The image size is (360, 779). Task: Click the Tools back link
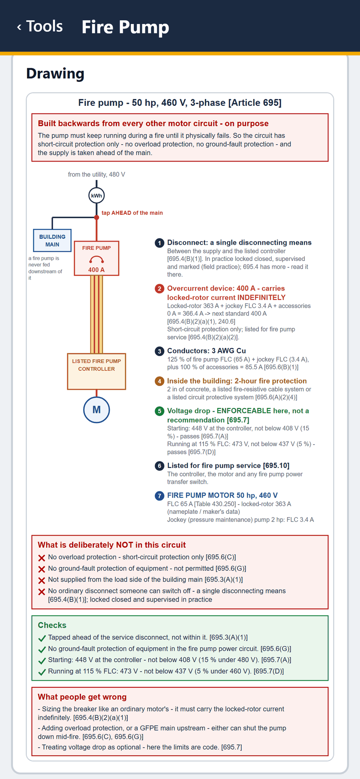pyautogui.click(x=40, y=27)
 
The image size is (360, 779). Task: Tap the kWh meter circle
pyautogui.click(x=96, y=196)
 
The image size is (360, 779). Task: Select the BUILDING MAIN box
pyautogui.click(x=52, y=240)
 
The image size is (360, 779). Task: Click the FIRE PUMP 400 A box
pyautogui.click(x=96, y=258)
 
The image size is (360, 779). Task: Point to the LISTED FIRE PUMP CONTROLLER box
pyautogui.click(x=96, y=371)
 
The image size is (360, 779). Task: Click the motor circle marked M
pyautogui.click(x=96, y=410)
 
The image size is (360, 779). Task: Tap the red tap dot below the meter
pyautogui.click(x=96, y=217)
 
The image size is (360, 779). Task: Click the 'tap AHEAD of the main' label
pyautogui.click(x=132, y=213)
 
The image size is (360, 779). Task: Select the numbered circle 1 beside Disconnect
pyautogui.click(x=159, y=243)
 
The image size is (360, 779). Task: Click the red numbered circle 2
pyautogui.click(x=159, y=289)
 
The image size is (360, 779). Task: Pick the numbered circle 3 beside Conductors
pyautogui.click(x=159, y=351)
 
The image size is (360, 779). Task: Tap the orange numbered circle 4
pyautogui.click(x=159, y=381)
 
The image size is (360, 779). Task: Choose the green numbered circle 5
pyautogui.click(x=159, y=411)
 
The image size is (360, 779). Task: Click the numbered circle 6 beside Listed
pyautogui.click(x=159, y=466)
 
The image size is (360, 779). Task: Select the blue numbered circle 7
pyautogui.click(x=159, y=496)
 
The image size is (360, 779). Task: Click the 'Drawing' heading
pyautogui.click(x=55, y=74)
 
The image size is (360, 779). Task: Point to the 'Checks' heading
pyautogui.click(x=52, y=625)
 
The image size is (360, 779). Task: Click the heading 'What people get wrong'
pyautogui.click(x=82, y=697)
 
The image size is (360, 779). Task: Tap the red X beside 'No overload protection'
pyautogui.click(x=42, y=558)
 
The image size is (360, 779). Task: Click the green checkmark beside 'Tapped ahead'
pyautogui.click(x=42, y=638)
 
